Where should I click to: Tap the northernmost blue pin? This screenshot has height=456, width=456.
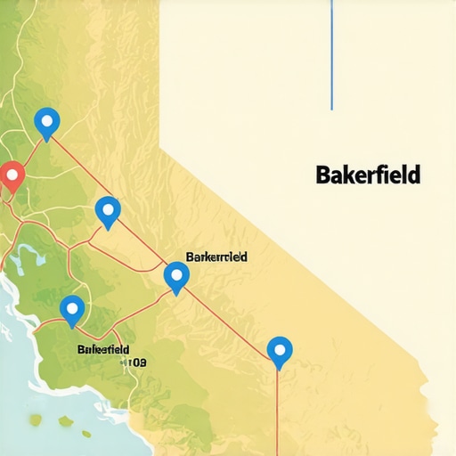point(46,122)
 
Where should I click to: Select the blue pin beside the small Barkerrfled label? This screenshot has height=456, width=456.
point(176,276)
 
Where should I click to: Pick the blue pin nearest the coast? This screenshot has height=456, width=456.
point(72,309)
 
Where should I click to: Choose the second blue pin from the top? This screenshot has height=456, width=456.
point(108,212)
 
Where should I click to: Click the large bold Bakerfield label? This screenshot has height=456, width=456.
point(368,175)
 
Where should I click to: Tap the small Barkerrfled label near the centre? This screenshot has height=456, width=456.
point(216,256)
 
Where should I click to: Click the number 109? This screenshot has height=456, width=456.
point(136,362)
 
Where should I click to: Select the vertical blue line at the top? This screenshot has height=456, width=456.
point(331,53)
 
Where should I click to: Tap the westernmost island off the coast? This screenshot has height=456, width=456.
point(36,419)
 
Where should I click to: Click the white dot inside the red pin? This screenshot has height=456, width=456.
point(11,173)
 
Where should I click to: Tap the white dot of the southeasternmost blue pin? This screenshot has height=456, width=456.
point(280,349)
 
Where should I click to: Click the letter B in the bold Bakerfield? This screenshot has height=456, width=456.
point(322,175)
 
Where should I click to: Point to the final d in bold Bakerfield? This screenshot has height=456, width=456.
point(414,175)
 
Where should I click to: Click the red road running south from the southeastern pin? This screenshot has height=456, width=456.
point(277,410)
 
